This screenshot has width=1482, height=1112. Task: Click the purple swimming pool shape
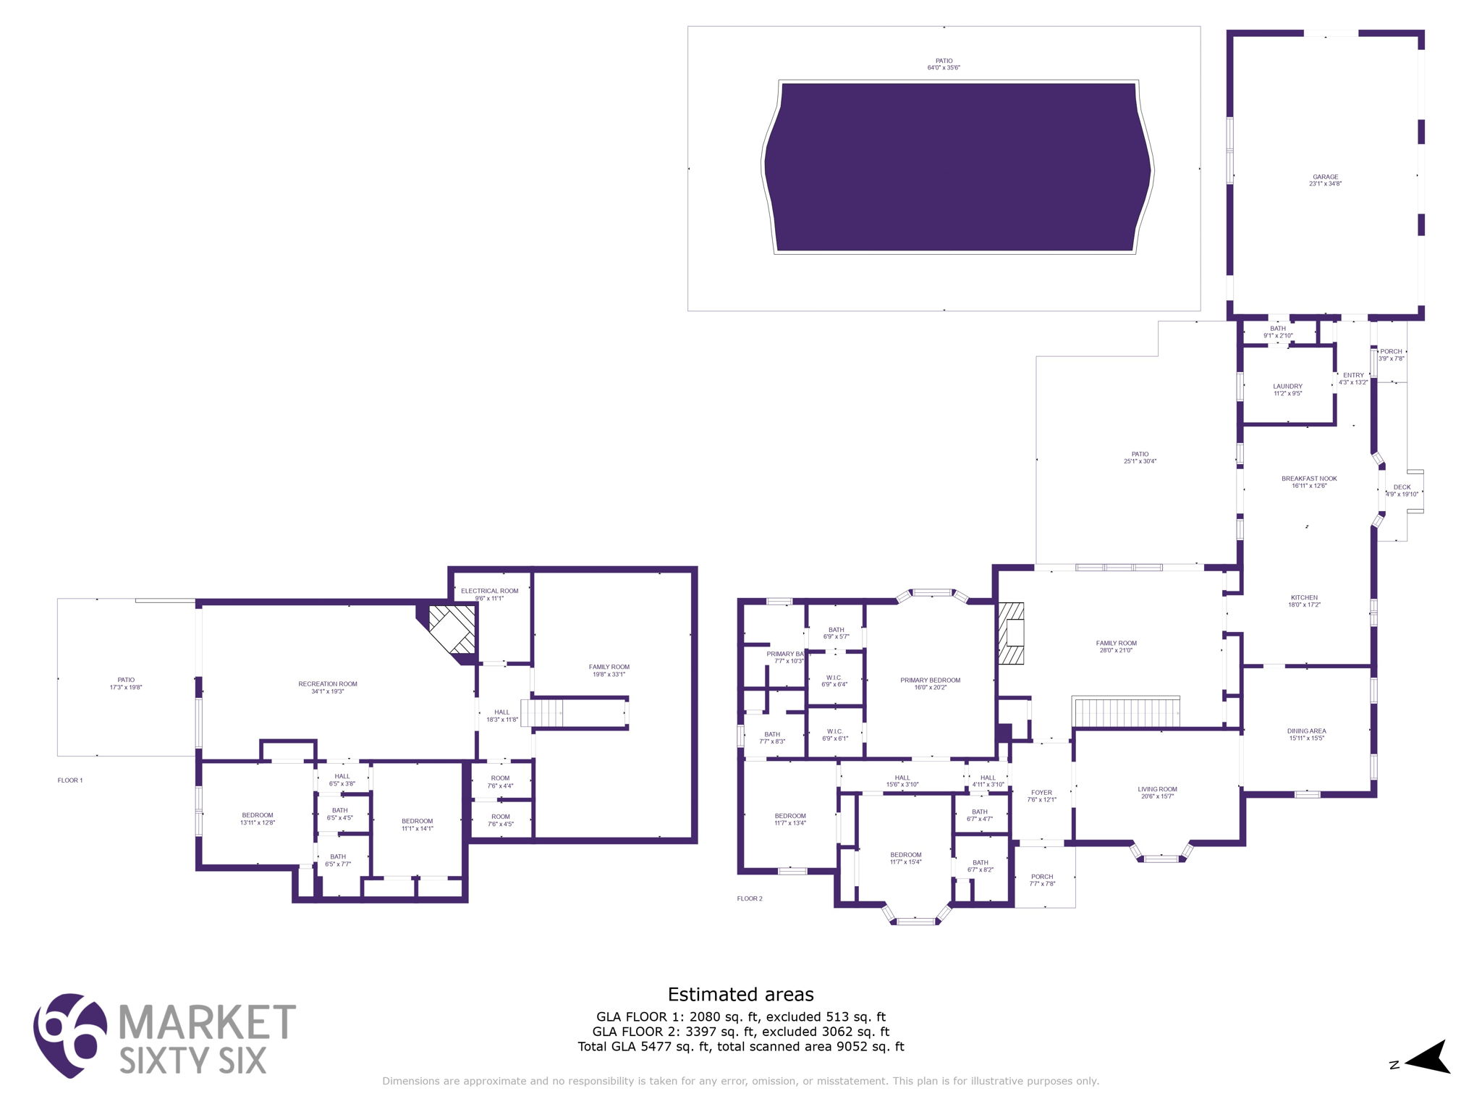957,167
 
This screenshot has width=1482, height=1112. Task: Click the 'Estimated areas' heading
740,994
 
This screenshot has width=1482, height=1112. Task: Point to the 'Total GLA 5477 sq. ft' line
740,1046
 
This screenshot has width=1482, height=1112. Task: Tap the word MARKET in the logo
206,1022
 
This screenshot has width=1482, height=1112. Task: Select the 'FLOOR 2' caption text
749,898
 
